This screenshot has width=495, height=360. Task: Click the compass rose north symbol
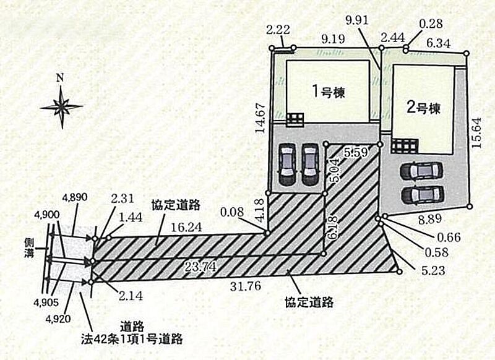click(61, 105)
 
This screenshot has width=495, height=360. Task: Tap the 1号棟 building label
click(327, 92)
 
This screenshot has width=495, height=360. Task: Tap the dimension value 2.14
click(132, 296)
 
